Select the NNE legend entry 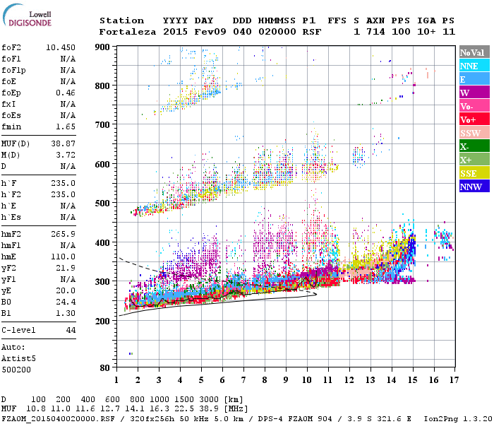(470, 66)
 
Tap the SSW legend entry (470, 133)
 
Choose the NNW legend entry (470, 187)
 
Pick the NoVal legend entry (471, 52)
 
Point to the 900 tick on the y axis (103, 47)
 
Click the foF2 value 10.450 (61, 47)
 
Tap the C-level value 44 (71, 330)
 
